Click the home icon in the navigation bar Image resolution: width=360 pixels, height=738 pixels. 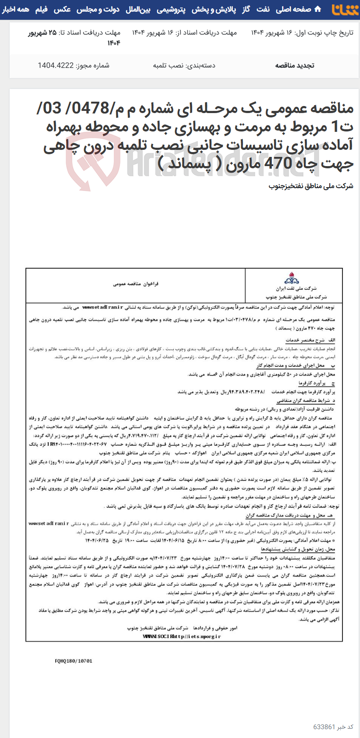point(318,9)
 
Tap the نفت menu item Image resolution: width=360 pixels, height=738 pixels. point(263,9)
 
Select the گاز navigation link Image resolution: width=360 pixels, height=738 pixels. point(246,9)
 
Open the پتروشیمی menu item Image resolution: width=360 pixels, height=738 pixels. point(171,9)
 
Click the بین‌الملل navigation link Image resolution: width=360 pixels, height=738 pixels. point(138,9)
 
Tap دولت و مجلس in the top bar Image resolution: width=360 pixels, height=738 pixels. point(98,9)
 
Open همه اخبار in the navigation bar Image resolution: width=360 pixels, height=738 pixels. point(16,9)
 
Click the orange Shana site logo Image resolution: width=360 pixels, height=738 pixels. point(345,9)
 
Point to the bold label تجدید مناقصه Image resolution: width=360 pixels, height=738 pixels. point(295,66)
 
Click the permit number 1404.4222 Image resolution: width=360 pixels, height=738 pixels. point(56,66)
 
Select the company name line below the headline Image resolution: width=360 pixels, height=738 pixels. point(311,186)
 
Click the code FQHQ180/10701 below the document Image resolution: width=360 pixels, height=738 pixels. point(74,661)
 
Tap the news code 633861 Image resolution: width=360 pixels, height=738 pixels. point(324,727)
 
